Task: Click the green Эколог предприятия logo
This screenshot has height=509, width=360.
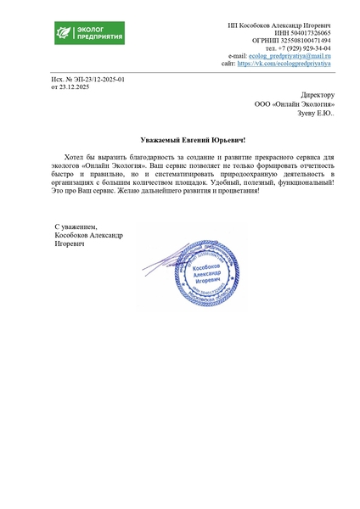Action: (x=89, y=35)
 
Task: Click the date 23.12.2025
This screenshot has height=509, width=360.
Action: (x=82, y=87)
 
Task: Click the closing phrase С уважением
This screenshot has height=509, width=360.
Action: (x=76, y=227)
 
